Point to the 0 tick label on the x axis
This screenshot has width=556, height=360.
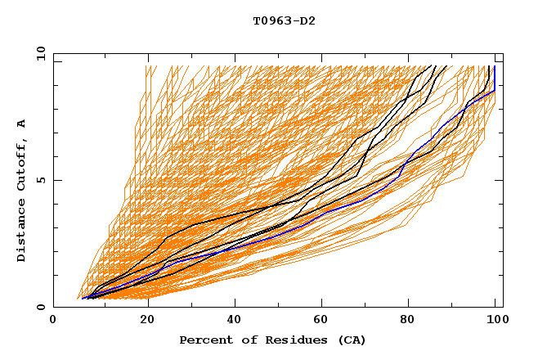pyautogui.click(x=53, y=322)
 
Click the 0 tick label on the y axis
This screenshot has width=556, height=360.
pyautogui.click(x=41, y=308)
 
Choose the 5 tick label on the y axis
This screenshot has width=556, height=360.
pyautogui.click(x=41, y=180)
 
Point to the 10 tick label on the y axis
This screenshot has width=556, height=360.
pyautogui.click(x=38, y=53)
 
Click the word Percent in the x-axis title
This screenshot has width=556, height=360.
pyautogui.click(x=204, y=340)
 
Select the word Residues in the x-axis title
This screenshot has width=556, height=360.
pyautogui.click(x=290, y=340)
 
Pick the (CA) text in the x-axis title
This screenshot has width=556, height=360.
pyautogui.click(x=349, y=340)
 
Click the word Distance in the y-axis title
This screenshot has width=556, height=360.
pyautogui.click(x=21, y=231)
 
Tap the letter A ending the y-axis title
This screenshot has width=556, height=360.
pyautogui.click(x=21, y=124)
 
